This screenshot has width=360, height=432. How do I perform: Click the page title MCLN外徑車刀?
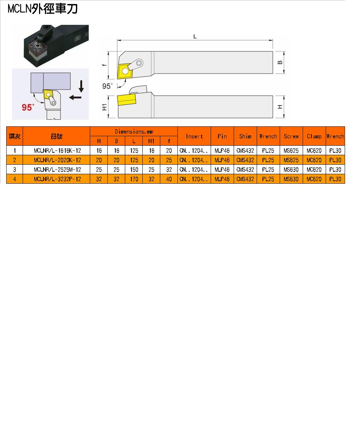tap(43, 9)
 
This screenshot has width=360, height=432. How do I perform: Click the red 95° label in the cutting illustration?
tap(28, 107)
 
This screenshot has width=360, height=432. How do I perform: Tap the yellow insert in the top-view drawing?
tap(125, 71)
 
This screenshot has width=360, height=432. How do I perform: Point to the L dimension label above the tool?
tap(195, 37)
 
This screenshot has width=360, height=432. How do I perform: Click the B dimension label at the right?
tap(280, 62)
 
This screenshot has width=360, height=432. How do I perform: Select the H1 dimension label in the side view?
tap(104, 107)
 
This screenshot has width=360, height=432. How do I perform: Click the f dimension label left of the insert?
tap(104, 65)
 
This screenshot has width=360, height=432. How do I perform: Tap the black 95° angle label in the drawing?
tap(107, 86)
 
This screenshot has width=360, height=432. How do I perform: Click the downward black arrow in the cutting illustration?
tap(81, 86)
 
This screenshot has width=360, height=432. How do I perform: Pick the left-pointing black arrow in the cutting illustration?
tap(75, 97)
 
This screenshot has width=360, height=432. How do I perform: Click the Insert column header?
tap(194, 136)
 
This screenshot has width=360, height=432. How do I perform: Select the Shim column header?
tap(245, 136)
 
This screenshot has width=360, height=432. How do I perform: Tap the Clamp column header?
tap(314, 136)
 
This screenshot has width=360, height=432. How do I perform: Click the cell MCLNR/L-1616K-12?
tap(57, 151)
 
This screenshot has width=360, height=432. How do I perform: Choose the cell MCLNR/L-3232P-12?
tap(57, 179)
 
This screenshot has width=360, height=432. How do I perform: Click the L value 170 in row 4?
tap(134, 179)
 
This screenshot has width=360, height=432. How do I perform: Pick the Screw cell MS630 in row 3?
tap(291, 170)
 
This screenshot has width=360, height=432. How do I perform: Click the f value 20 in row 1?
tap(169, 151)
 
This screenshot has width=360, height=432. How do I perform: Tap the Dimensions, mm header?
tap(134, 131)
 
